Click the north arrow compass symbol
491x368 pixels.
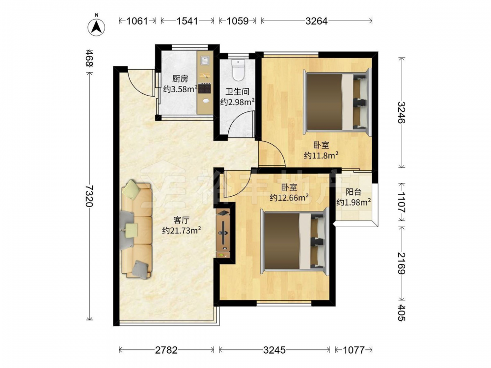coord(96,26)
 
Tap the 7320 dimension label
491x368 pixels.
coord(89,196)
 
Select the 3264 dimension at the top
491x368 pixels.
coord(316,21)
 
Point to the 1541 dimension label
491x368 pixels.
coord(187,21)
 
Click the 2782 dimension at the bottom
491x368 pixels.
coord(166,349)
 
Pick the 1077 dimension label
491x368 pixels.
coord(354,349)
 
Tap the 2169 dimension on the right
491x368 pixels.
coord(402,263)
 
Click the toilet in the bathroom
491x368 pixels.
coord(238,69)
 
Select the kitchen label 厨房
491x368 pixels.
coord(180,79)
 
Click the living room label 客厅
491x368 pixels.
coord(181,220)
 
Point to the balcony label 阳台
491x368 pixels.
coord(354,192)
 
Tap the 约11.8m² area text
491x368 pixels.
coord(321,155)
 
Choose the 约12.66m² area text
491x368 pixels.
coord(289,197)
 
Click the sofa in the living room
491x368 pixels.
coord(136,229)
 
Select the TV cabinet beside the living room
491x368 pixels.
coord(223,234)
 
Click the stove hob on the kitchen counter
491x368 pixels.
coord(205,88)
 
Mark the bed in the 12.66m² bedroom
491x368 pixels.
coord(294,241)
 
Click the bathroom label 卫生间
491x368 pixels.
coord(238,92)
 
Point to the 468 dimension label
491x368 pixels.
coord(89,58)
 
